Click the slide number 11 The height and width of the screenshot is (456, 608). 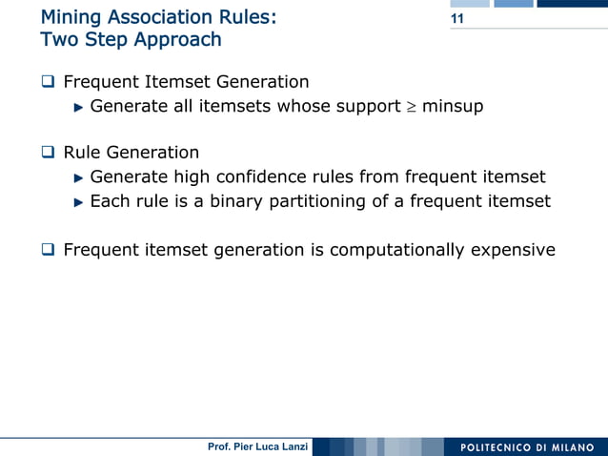(457, 20)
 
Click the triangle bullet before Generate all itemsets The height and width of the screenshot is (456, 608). (79, 107)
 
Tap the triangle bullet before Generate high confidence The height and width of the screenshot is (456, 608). (79, 177)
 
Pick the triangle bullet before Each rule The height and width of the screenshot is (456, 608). (79, 202)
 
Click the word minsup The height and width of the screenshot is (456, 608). (453, 107)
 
